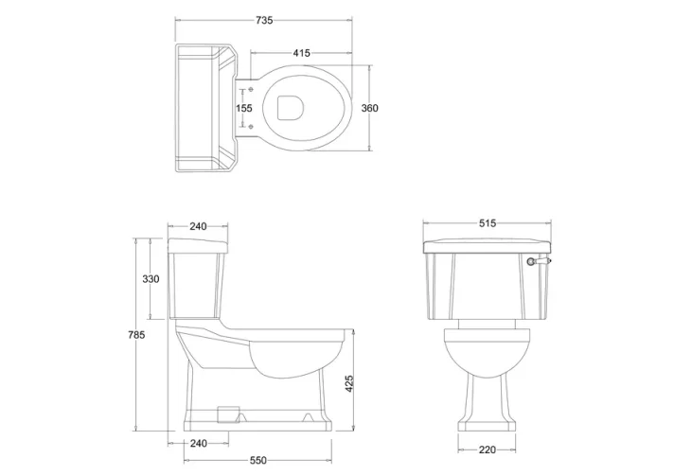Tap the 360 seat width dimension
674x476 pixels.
(370, 108)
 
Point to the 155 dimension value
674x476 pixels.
(244, 108)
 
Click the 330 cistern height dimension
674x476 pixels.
(151, 279)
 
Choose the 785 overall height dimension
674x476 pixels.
(137, 335)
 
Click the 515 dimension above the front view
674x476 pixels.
(488, 225)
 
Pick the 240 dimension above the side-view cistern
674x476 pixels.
(198, 227)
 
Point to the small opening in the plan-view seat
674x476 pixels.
(291, 108)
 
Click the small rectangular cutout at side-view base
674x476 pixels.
(225, 412)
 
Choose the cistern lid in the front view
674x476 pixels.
(488, 246)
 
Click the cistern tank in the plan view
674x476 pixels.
(204, 107)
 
